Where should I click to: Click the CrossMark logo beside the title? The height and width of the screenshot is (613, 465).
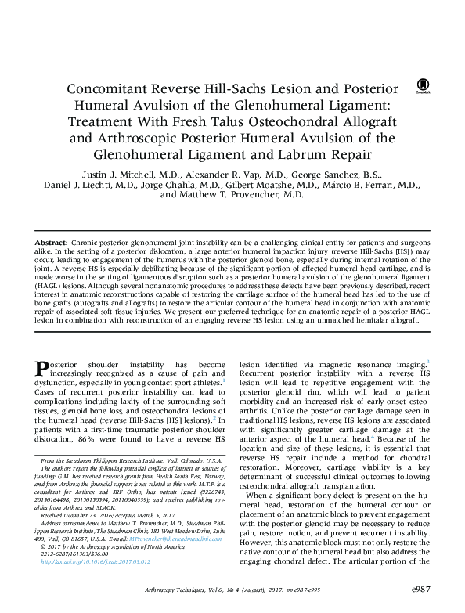click(x=424, y=85)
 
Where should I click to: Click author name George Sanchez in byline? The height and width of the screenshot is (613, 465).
click(x=310, y=171)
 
